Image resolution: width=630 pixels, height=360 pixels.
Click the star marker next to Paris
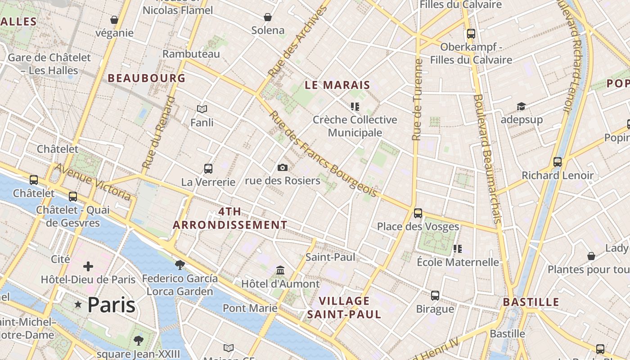point(78,305)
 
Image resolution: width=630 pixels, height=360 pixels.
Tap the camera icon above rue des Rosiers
point(283,168)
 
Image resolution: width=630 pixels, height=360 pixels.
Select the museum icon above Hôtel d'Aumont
point(280,270)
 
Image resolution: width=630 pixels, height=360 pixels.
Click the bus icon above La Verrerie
point(208,169)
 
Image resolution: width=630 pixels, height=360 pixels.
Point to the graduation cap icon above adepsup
point(521,107)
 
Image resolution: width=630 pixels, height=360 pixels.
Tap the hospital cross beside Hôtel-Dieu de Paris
point(88,266)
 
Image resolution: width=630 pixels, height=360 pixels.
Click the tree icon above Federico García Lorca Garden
point(180,265)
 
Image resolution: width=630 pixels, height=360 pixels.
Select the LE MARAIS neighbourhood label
point(337,85)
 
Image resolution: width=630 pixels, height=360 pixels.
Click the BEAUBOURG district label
point(147,78)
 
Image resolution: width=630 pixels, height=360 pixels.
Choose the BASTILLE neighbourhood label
point(531,302)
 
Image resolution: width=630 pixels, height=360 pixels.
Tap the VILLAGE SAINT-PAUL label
point(344,307)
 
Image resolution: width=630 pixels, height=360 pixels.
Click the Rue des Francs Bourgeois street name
point(323,154)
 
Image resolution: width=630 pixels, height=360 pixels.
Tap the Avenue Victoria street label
point(93,181)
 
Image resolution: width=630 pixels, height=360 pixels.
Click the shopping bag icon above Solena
point(268,17)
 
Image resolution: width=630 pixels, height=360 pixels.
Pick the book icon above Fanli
point(202,109)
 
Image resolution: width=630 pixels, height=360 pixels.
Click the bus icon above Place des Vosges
point(418,213)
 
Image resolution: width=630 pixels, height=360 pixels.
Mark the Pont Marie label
point(250,308)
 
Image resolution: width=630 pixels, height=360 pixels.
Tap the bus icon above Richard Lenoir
point(558,162)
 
